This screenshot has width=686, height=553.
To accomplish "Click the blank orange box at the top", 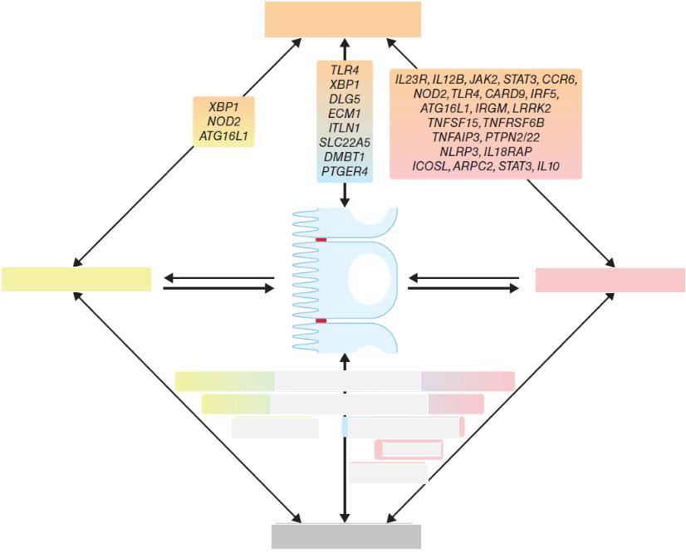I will (x=342, y=19).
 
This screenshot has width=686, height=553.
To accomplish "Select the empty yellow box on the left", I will (x=76, y=279).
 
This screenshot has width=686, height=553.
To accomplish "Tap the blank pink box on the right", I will (x=610, y=280).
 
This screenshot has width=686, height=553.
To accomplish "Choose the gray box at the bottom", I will (x=345, y=536).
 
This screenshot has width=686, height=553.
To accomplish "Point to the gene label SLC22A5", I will (x=345, y=142).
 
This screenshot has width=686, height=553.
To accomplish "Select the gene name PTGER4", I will (x=345, y=171).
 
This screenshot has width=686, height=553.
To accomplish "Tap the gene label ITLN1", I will (x=345, y=128).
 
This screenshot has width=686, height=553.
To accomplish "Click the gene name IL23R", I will (x=412, y=79).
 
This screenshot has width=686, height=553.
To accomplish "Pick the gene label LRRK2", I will (x=531, y=108).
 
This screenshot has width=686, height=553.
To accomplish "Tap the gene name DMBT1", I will (x=345, y=156).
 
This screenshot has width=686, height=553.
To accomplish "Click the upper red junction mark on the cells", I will (x=321, y=240).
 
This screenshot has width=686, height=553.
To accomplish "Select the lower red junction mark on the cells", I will (x=321, y=321).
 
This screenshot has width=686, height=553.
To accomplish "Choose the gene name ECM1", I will (x=345, y=114).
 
